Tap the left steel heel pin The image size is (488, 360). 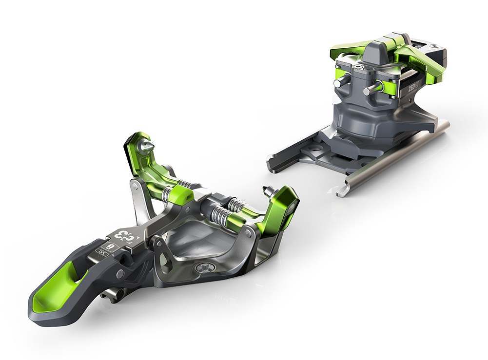(x=340, y=83)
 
